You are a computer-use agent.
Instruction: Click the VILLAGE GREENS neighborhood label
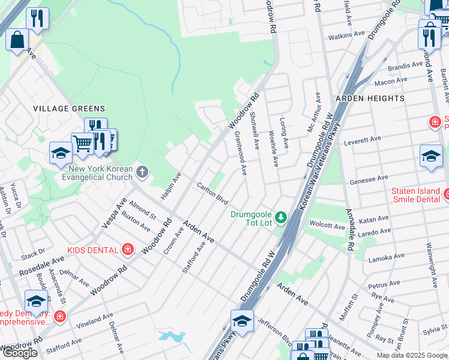click(69, 109)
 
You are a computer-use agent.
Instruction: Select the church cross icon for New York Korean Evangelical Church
click(142, 173)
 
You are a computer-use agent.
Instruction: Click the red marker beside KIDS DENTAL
click(127, 248)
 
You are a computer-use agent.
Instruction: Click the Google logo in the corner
click(20, 353)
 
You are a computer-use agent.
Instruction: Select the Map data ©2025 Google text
click(412, 355)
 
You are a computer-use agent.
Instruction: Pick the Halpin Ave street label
click(170, 187)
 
